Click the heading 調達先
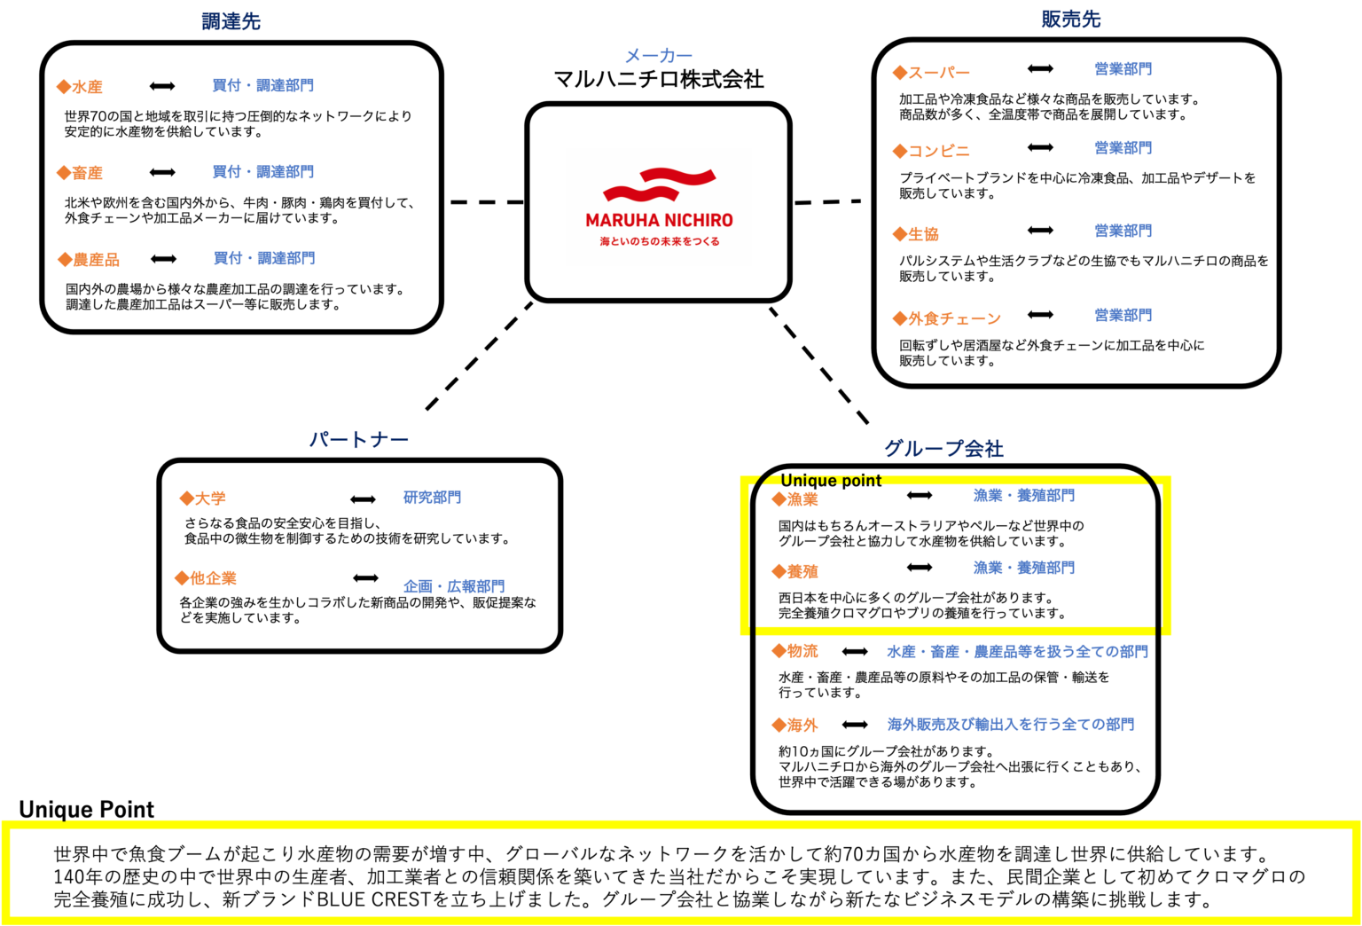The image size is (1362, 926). click(231, 21)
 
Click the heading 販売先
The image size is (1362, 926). click(1071, 19)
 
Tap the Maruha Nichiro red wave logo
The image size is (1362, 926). click(659, 184)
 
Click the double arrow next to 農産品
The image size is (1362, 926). click(163, 259)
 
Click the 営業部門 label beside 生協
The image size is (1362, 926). click(1123, 231)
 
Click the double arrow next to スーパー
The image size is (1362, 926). click(1040, 69)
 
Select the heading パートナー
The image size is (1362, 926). click(359, 439)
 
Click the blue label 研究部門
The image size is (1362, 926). click(433, 497)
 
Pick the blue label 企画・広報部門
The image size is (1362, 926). click(454, 586)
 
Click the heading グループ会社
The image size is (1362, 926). click(943, 449)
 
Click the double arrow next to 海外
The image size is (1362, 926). click(855, 725)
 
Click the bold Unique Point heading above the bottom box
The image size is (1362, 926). click(86, 809)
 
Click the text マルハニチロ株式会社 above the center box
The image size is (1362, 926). click(659, 79)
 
